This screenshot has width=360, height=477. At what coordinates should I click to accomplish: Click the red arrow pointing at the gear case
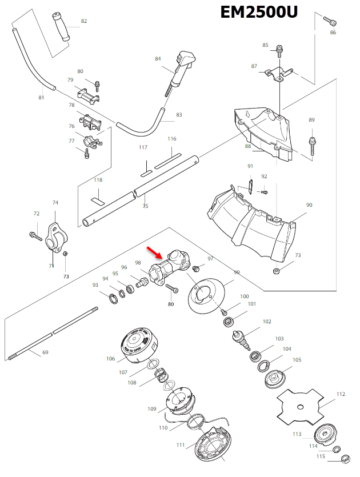point(155,252)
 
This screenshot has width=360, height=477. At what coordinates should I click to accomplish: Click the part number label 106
point(111,359)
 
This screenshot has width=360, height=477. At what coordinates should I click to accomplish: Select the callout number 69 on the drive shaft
point(45,352)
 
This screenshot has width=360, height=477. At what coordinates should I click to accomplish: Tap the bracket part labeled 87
point(278,74)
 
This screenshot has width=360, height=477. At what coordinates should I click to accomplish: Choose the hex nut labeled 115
point(345,458)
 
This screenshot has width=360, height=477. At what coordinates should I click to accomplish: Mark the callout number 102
point(267,322)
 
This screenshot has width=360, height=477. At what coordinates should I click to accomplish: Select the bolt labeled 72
point(34,234)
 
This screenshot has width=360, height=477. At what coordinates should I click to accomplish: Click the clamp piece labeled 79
point(89,94)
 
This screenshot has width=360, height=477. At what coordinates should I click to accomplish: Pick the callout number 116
point(172,139)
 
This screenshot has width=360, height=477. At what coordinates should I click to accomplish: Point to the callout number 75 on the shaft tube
point(145,206)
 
